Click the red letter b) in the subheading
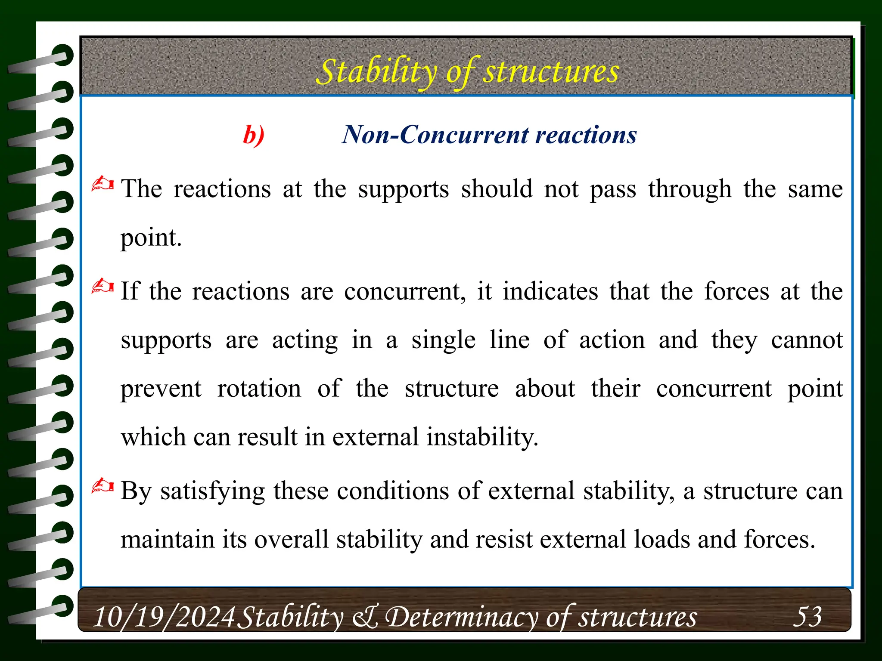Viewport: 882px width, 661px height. point(254,135)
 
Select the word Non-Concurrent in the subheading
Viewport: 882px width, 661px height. point(435,135)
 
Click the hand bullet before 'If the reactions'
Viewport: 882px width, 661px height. point(102,287)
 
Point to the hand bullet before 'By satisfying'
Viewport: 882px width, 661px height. point(102,486)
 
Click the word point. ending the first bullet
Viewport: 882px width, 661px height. point(151,238)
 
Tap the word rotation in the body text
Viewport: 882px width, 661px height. point(259,389)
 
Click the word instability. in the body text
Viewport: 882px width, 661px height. point(482,437)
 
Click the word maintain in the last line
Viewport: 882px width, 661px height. point(168,540)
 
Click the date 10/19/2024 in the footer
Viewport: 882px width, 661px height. point(164,617)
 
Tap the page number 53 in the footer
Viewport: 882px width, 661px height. point(807,616)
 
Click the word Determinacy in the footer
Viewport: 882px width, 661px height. point(461,617)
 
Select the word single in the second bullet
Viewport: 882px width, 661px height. point(444,340)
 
